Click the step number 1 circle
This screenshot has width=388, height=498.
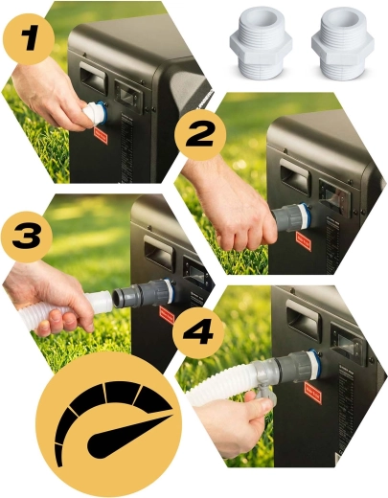[29, 39]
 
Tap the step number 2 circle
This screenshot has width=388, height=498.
[200, 135]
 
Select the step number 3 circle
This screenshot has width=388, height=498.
[27, 238]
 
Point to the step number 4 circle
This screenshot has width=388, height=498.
[198, 332]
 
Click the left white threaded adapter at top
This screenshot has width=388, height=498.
[261, 41]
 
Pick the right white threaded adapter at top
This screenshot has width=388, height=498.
[343, 41]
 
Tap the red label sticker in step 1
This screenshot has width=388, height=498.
[102, 136]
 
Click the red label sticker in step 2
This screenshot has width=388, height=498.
[304, 241]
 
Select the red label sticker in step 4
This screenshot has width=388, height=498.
[313, 394]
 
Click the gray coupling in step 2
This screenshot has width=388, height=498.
[290, 218]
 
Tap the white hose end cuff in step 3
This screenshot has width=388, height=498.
[99, 302]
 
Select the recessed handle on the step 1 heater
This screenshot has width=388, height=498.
[92, 78]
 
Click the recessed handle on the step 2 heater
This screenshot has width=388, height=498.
[294, 177]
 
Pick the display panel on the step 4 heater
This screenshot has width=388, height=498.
[347, 345]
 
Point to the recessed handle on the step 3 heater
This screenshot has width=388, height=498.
[158, 254]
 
